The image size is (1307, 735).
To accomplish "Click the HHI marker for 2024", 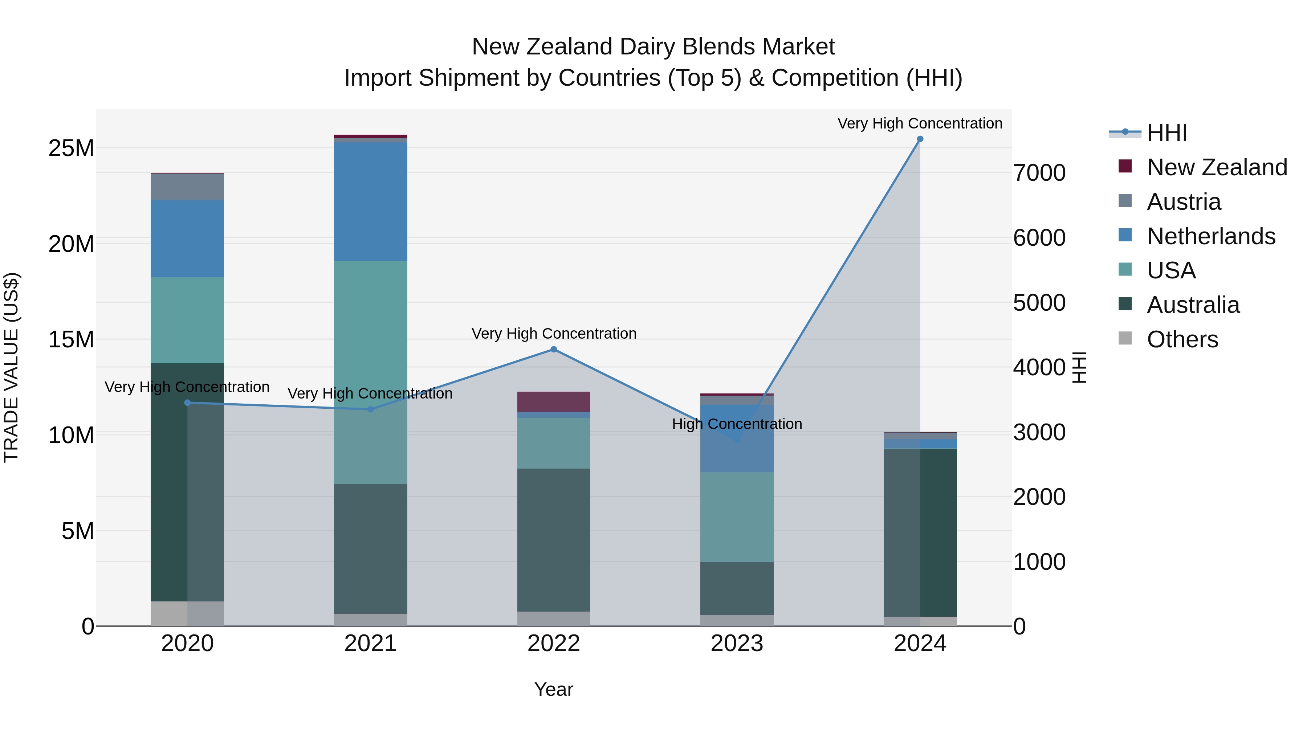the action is (920, 139).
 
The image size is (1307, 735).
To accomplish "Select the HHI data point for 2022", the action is (554, 350).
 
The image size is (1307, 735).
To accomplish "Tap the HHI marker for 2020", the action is (187, 403).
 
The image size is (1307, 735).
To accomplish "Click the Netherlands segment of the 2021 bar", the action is (370, 201).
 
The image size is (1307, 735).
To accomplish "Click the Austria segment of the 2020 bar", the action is (187, 187).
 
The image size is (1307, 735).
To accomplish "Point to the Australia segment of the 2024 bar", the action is (920, 532).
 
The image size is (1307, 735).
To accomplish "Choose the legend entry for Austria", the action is (1183, 202).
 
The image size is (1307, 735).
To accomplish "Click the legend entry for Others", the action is (1182, 339).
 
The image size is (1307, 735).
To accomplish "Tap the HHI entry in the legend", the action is (1166, 133).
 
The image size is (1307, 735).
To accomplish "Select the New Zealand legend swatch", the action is (1125, 166).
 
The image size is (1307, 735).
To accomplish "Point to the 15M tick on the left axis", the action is (71, 339).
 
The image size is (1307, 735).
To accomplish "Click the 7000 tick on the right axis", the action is (1039, 173).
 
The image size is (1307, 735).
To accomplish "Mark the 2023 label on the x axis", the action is (737, 644).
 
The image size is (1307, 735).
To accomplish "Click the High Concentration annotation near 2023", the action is (737, 424).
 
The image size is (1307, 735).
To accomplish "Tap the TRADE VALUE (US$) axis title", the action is (11, 367).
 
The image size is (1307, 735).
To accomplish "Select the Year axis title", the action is (554, 689).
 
